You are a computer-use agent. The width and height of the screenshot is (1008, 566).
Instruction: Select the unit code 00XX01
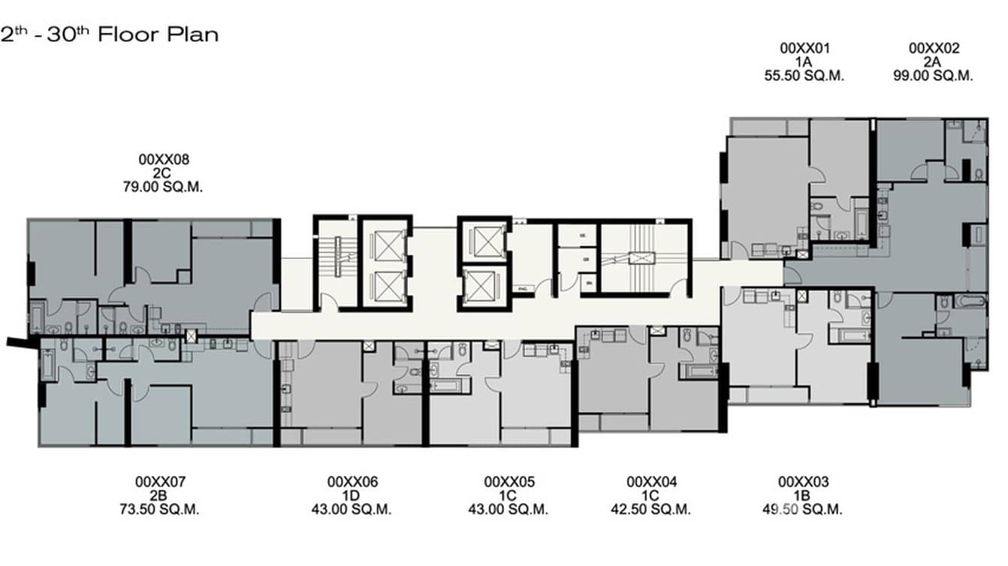(x=804, y=49)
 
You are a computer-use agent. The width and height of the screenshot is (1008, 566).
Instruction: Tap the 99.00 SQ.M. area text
(x=933, y=76)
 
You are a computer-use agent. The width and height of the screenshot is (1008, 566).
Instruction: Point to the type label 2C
(x=164, y=173)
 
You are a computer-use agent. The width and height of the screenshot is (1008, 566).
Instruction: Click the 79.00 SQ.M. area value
(x=164, y=186)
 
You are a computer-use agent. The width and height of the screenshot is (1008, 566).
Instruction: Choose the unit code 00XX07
(x=160, y=482)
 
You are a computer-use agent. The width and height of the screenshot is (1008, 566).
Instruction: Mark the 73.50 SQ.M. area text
(x=160, y=509)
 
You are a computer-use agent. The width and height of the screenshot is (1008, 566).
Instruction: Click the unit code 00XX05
(x=509, y=482)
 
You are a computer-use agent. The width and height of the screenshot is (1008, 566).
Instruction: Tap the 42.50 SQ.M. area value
(x=651, y=509)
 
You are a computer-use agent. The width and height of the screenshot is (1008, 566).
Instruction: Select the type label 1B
(x=802, y=495)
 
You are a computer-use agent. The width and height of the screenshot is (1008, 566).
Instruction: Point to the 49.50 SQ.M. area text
(x=802, y=509)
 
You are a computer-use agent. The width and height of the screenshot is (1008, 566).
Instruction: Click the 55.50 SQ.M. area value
(x=804, y=76)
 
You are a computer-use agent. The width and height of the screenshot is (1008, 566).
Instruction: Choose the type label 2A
(x=933, y=62)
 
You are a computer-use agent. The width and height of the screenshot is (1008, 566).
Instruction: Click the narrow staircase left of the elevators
(x=336, y=263)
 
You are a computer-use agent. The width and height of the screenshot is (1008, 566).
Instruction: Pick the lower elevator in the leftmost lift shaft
(x=385, y=285)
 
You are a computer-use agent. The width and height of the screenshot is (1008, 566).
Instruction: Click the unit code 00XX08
(x=164, y=159)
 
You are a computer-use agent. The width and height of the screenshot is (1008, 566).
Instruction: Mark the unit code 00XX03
(x=802, y=482)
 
